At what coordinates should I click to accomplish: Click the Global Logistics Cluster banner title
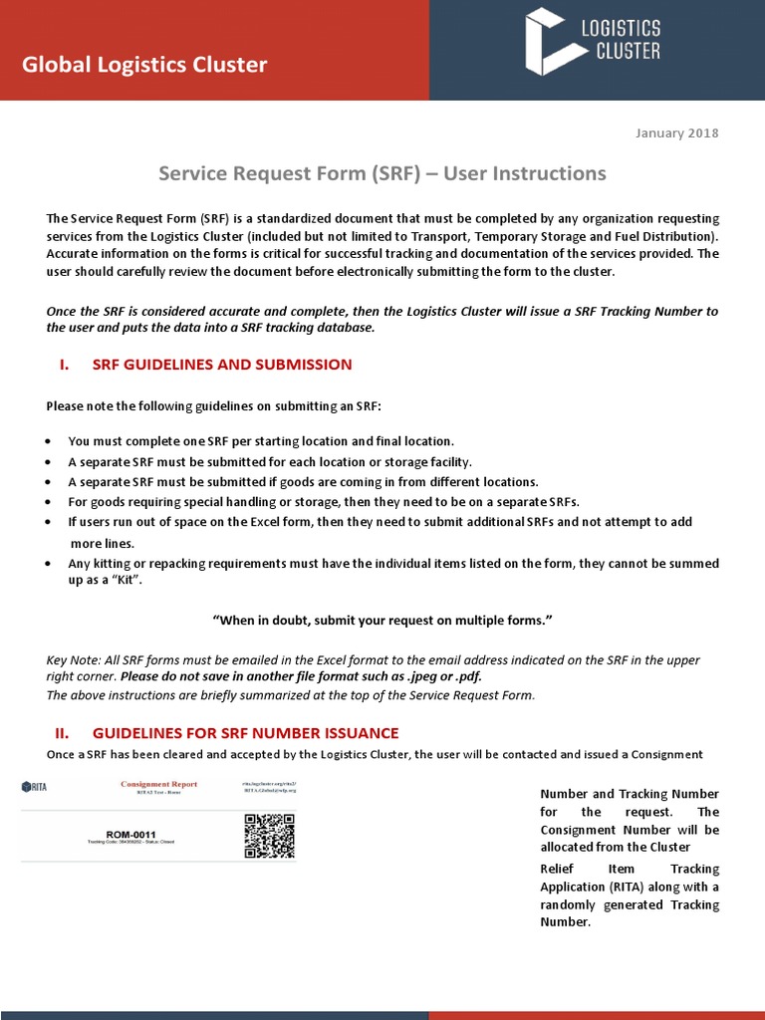(144, 66)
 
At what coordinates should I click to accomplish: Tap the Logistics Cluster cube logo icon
(548, 42)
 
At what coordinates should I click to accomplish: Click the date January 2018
(676, 133)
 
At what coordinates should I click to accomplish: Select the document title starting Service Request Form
(382, 173)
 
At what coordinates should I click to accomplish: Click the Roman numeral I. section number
(64, 365)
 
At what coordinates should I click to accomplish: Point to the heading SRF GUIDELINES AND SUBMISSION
(222, 365)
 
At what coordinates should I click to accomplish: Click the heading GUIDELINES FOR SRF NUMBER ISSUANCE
(245, 733)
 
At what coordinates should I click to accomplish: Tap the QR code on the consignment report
(269, 836)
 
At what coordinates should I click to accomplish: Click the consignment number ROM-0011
(131, 834)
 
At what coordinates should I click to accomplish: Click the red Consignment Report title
(158, 784)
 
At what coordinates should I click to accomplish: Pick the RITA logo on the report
(35, 787)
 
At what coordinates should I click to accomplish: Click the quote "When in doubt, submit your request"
(382, 621)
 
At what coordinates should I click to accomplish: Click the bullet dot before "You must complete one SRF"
(50, 441)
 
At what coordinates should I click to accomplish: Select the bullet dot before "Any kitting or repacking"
(50, 564)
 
